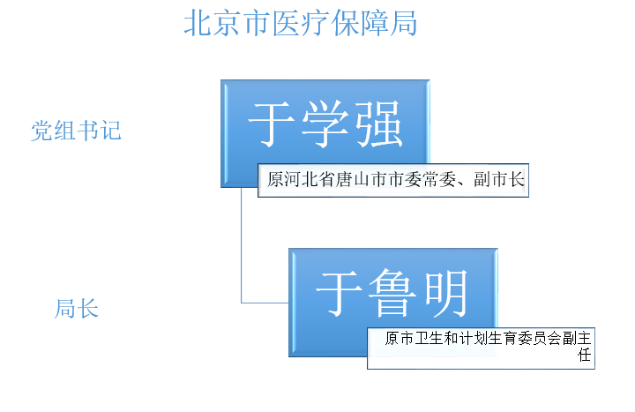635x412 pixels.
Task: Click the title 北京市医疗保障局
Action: [x=300, y=23]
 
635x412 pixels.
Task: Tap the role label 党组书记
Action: [x=76, y=131]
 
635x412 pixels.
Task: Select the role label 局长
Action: [x=77, y=310]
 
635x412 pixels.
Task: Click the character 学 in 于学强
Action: [x=325, y=124]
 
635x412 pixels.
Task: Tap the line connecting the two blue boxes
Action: [x=242, y=256]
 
